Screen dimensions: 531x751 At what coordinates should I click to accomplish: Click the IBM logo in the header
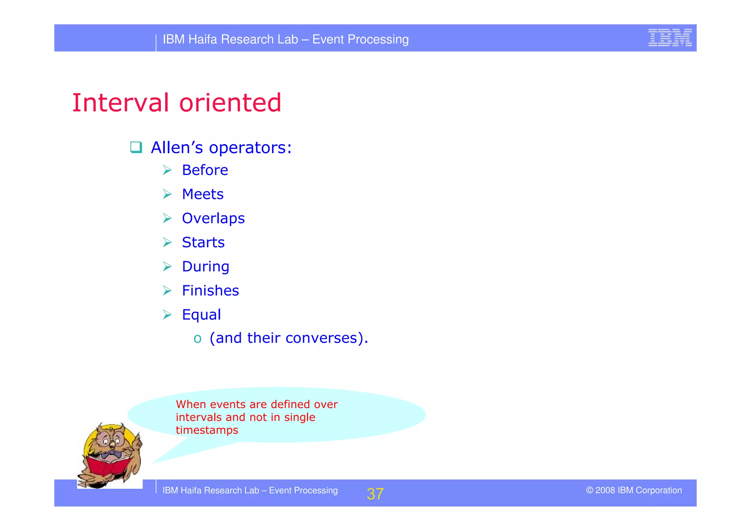click(x=670, y=37)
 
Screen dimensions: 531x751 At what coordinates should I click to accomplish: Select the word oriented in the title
click(x=230, y=103)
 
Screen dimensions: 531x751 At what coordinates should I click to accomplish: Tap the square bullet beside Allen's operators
click(x=136, y=147)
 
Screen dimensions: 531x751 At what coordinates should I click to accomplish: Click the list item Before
click(x=205, y=170)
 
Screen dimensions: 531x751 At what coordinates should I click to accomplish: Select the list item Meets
click(x=203, y=194)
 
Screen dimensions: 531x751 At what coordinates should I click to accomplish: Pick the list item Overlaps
click(x=213, y=218)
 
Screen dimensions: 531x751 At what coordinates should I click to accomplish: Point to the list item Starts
click(x=203, y=243)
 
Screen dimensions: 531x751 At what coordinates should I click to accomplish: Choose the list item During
click(x=206, y=267)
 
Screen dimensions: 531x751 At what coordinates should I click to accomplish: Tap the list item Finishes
click(x=210, y=291)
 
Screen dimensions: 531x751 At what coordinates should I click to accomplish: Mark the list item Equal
click(x=201, y=315)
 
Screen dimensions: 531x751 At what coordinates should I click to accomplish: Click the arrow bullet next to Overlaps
click(x=167, y=218)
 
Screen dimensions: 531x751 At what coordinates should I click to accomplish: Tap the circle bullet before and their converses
click(x=198, y=338)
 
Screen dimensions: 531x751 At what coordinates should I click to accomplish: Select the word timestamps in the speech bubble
click(x=207, y=430)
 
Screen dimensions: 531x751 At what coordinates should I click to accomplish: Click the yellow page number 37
click(x=375, y=494)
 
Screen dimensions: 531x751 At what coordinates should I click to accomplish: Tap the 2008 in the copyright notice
click(x=605, y=490)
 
